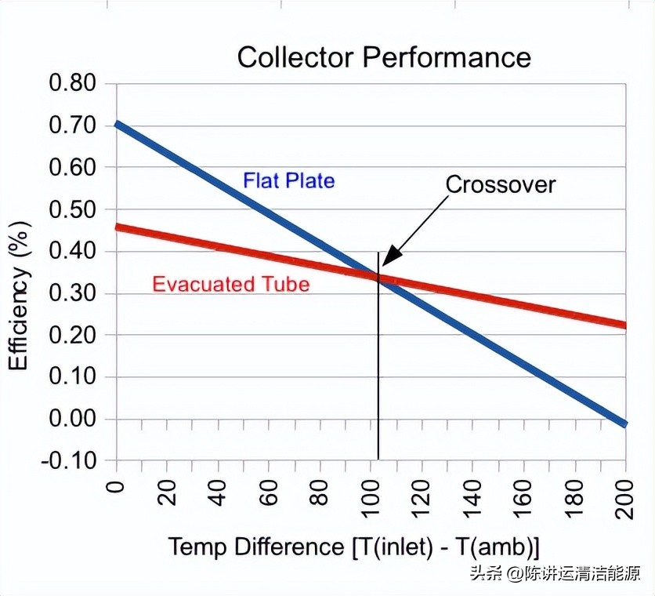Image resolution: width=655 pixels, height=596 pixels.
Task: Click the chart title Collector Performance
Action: click(x=384, y=57)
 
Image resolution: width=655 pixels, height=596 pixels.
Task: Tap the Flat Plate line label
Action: click(x=288, y=181)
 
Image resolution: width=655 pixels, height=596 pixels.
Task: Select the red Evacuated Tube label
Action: click(x=230, y=284)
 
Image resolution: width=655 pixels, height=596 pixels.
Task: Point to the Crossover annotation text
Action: click(x=500, y=184)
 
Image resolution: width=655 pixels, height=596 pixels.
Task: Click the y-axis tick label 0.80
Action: click(x=72, y=84)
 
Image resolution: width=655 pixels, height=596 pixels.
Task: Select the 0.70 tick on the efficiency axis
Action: click(x=72, y=125)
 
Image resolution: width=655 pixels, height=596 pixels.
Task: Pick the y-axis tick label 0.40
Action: click(x=72, y=252)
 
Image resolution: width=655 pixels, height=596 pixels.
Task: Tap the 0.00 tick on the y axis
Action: click(x=72, y=419)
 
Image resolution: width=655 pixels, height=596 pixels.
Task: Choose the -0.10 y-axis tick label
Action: click(x=69, y=460)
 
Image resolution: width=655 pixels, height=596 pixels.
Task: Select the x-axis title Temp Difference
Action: click(x=353, y=547)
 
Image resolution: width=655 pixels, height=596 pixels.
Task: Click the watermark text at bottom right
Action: click(x=555, y=573)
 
